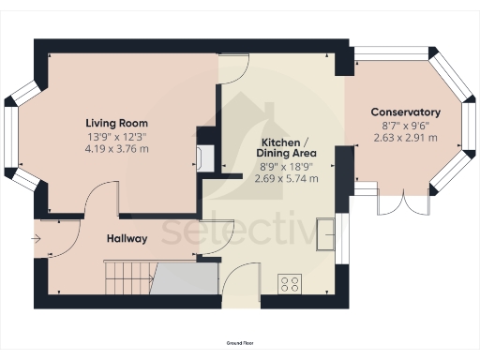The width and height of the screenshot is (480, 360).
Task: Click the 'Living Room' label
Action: pyautogui.click(x=116, y=123)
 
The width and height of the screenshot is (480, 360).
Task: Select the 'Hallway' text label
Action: pyautogui.click(x=126, y=238)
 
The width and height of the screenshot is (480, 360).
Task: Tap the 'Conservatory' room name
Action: pyautogui.click(x=405, y=112)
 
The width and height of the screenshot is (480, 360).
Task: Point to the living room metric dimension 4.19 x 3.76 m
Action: pyautogui.click(x=116, y=148)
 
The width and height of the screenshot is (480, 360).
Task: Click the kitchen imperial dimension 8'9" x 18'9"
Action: pyautogui.click(x=286, y=166)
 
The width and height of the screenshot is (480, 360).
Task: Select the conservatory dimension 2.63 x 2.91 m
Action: pyautogui.click(x=405, y=138)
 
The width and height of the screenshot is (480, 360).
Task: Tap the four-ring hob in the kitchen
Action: pyautogui.click(x=291, y=281)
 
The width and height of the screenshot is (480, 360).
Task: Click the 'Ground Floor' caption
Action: pyautogui.click(x=239, y=346)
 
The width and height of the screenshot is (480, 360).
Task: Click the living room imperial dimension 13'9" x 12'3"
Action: pyautogui.click(x=116, y=136)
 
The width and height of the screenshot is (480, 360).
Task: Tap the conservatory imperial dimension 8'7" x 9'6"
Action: pyautogui.click(x=405, y=126)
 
